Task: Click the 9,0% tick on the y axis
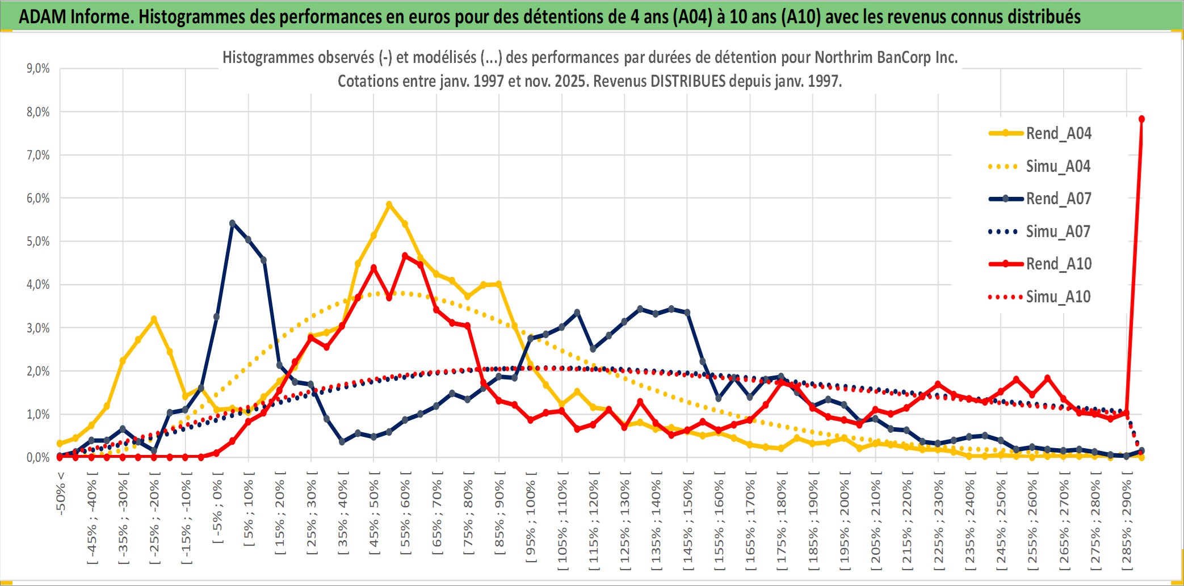point(38,69)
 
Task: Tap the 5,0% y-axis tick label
point(38,242)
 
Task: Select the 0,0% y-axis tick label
point(38,457)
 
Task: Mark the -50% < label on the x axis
point(61,493)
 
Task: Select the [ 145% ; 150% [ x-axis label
point(687,521)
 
